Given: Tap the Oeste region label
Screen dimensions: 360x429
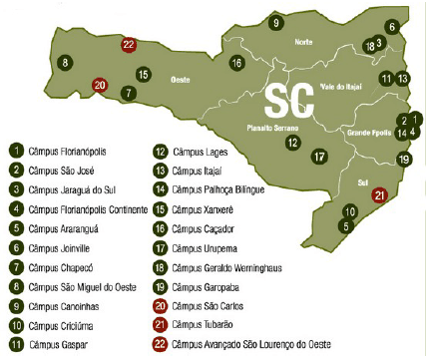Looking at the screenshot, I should (181, 78).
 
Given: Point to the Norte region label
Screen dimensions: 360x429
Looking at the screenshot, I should (303, 43).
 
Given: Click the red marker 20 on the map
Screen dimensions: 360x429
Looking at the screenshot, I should (100, 86).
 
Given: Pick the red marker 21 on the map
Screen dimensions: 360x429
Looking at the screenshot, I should (378, 195).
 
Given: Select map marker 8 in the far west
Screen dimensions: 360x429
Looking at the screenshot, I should (65, 62).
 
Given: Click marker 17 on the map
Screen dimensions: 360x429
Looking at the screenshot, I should (318, 157).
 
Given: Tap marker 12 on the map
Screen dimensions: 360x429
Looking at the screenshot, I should (291, 143).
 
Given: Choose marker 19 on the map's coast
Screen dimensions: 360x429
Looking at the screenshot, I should (404, 159).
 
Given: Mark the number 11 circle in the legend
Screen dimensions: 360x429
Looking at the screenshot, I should (17, 344).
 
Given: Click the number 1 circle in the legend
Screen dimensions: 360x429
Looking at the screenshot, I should (17, 152).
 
